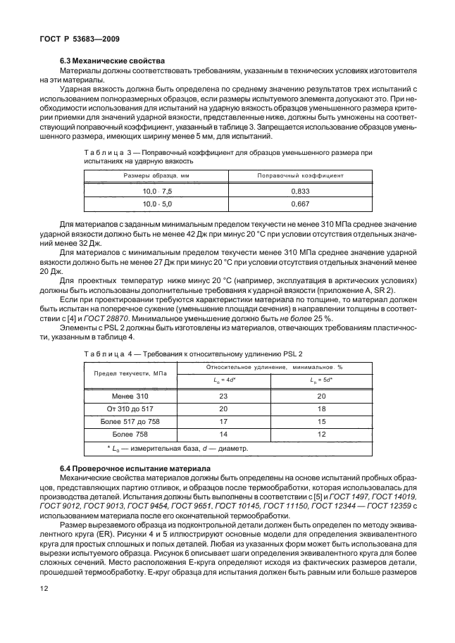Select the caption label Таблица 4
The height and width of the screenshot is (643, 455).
click(x=105, y=354)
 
